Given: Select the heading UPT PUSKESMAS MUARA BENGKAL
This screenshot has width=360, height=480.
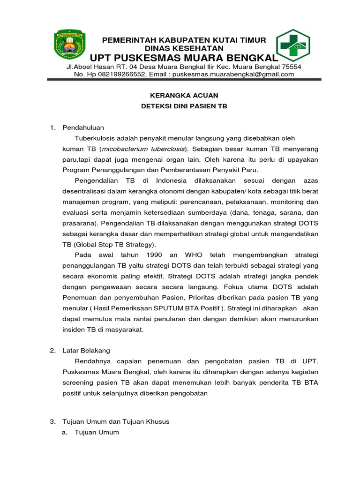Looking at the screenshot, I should (x=184, y=58).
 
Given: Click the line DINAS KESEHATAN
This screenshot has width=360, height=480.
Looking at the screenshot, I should (x=184, y=48).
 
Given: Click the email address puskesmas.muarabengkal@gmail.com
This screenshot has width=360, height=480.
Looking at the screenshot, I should (x=239, y=74).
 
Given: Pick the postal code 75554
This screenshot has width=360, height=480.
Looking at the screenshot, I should (x=292, y=67).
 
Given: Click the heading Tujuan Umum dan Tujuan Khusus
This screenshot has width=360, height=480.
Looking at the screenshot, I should (x=115, y=421).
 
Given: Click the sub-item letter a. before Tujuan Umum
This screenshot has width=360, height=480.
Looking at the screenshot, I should (x=65, y=432).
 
